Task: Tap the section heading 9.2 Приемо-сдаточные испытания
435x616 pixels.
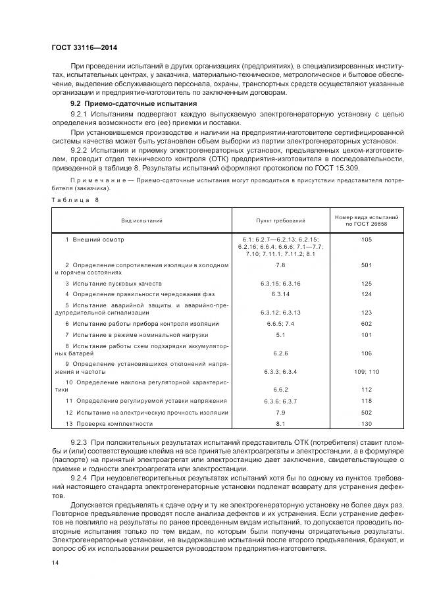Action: point(134,104)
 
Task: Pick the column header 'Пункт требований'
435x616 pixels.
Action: point(280,222)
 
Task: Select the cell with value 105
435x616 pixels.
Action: point(367,240)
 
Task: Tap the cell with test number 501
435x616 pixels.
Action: point(367,265)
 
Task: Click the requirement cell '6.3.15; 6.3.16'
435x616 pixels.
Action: point(280,283)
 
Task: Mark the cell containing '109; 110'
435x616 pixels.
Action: point(367,372)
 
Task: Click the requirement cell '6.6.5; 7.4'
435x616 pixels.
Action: point(280,324)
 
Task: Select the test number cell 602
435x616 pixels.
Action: point(367,324)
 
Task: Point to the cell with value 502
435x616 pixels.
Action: point(367,412)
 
